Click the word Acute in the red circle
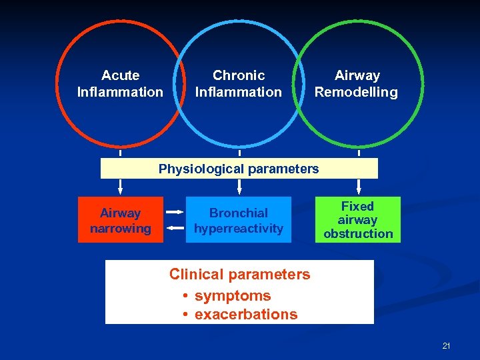[x=120, y=76]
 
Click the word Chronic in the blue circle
[x=239, y=76]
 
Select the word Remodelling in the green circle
[x=356, y=93]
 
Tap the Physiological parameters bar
[x=239, y=169]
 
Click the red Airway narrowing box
[x=121, y=220]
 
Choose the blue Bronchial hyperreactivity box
[x=239, y=220]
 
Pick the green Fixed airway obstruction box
[x=358, y=220]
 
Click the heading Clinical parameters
[x=239, y=274]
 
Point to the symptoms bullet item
[x=232, y=295]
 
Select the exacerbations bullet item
[x=245, y=314]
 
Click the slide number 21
[x=446, y=345]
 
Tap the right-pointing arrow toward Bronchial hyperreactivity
[x=175, y=211]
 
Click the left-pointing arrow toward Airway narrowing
[x=175, y=228]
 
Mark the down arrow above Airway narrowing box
[x=121, y=187]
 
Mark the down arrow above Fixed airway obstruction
[x=359, y=187]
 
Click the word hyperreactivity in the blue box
[x=239, y=229]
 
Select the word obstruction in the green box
[x=358, y=233]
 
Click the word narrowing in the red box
[x=121, y=229]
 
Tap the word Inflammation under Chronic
[x=239, y=92]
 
